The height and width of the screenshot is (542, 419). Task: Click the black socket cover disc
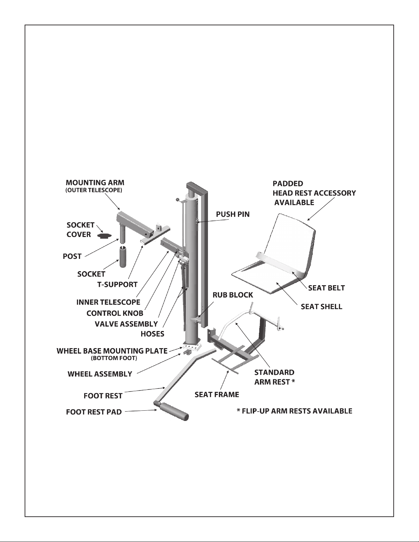click(104, 236)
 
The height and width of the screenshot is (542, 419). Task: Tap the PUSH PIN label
click(233, 214)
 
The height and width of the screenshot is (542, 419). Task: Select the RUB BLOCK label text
click(233, 295)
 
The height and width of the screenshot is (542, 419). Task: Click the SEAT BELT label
click(326, 288)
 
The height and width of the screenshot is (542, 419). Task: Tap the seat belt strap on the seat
click(279, 265)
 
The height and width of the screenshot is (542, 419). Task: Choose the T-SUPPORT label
click(117, 285)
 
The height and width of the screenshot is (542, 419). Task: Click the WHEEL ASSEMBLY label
click(100, 374)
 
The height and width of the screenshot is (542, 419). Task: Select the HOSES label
click(153, 334)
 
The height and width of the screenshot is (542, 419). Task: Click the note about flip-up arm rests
click(294, 411)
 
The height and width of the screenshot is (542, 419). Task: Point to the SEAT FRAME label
click(217, 394)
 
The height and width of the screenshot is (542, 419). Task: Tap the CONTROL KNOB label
click(115, 313)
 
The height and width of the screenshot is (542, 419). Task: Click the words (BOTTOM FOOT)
click(114, 358)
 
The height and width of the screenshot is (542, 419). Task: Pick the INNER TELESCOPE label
click(108, 302)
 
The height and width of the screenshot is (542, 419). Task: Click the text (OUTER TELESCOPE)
click(93, 190)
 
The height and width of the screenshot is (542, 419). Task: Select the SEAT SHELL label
click(322, 306)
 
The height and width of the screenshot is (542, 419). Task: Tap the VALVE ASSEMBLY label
click(126, 324)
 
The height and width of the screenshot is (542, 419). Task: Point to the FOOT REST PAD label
click(94, 412)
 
